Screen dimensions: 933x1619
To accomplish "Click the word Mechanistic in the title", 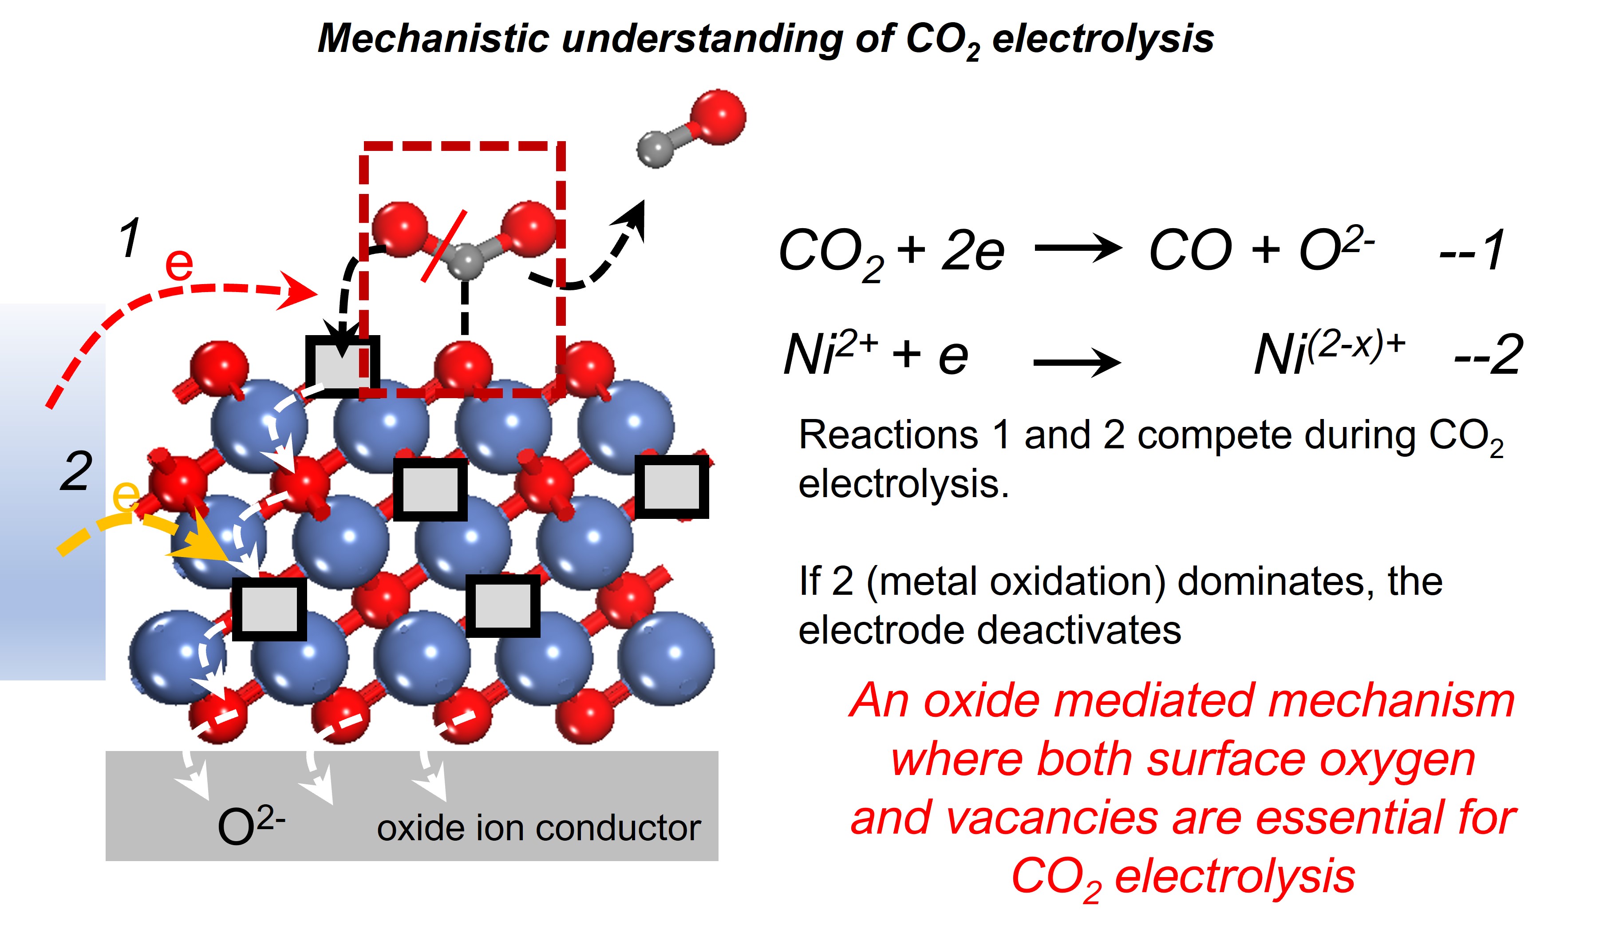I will (x=433, y=39).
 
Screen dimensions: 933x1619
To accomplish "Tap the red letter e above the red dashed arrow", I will (x=179, y=264).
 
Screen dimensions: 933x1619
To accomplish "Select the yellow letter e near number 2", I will (x=126, y=495).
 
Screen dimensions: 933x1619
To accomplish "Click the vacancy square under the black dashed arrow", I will (x=341, y=365).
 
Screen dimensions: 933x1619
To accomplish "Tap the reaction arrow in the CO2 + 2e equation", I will (x=1078, y=249).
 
